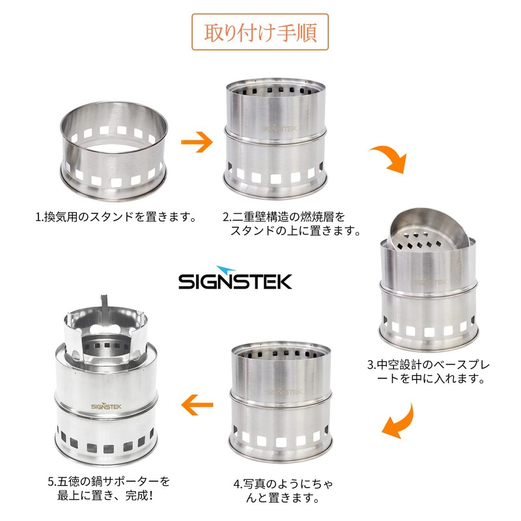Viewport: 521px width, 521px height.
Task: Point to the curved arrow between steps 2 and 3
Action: point(389,160)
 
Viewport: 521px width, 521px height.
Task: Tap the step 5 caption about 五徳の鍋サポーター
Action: point(109,488)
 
